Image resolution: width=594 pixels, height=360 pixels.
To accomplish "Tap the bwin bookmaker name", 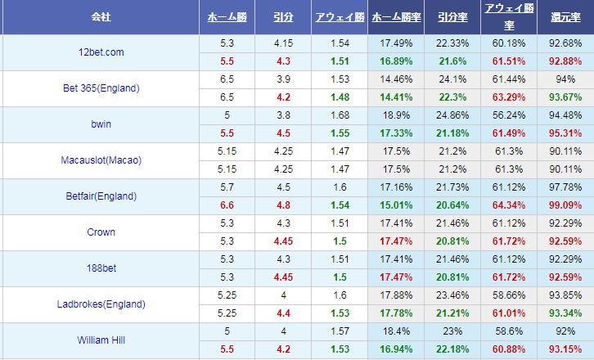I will (x=101, y=124).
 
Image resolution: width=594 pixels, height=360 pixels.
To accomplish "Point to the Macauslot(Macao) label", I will (x=101, y=160).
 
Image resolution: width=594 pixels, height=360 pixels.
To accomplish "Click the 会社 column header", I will (x=101, y=16).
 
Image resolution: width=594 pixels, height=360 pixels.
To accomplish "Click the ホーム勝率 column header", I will (x=397, y=16).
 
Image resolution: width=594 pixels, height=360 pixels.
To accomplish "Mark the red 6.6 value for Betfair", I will (x=227, y=205).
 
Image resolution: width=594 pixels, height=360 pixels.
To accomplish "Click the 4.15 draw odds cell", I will (x=284, y=43).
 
